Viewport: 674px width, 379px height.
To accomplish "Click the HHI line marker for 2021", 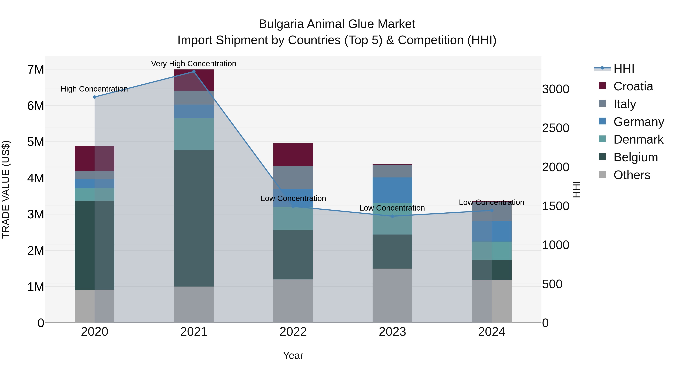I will pos(194,72).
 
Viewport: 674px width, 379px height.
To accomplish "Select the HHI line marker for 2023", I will pos(392,216).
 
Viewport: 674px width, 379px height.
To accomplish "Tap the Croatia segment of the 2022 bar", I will pos(293,155).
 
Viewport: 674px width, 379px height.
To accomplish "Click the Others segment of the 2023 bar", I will pos(392,296).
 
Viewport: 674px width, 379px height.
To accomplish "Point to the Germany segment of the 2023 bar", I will pos(392,190).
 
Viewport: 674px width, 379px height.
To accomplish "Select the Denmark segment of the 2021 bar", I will pos(194,134).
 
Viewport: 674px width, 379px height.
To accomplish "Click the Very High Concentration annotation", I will pos(194,64).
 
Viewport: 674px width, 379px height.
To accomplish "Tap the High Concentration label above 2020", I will pos(94,89).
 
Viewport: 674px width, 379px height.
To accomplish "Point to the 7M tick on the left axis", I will pos(36,70).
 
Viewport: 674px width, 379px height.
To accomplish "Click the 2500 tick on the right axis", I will pos(555,128).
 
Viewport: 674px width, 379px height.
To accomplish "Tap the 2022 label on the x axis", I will pos(293,332).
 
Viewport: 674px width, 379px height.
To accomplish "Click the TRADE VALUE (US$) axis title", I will pos(6,189).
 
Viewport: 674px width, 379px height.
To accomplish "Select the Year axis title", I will pos(293,355).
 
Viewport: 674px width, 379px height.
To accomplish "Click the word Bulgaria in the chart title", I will pos(281,24).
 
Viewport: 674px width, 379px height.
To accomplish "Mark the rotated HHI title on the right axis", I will pos(576,189).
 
